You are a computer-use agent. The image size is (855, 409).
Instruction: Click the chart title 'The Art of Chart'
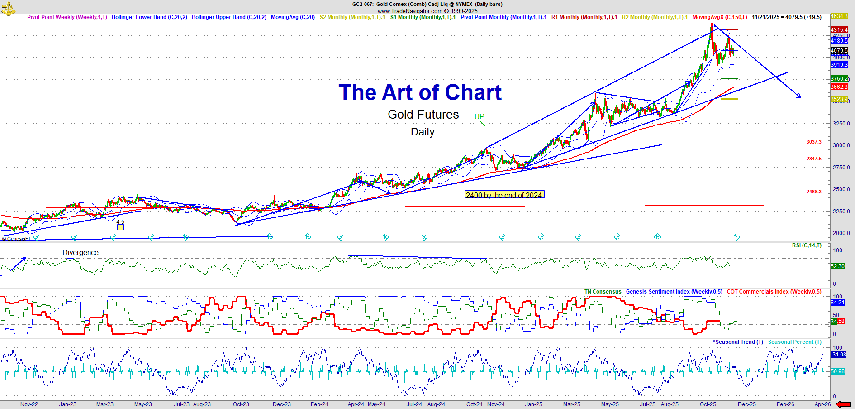pyautogui.click(x=420, y=92)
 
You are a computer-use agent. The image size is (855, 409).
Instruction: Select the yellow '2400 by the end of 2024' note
pyautogui.click(x=504, y=195)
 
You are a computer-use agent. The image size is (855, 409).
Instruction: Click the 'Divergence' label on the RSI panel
pyautogui.click(x=81, y=253)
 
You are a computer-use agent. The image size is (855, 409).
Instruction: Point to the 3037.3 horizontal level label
pyautogui.click(x=813, y=142)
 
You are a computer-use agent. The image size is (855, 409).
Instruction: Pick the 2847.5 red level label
pyautogui.click(x=813, y=159)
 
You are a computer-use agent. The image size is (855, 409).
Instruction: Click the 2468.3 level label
pyautogui.click(x=813, y=192)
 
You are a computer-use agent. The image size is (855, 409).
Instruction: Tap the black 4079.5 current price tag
pyautogui.click(x=839, y=51)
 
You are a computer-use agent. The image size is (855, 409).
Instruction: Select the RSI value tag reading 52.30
pyautogui.click(x=837, y=266)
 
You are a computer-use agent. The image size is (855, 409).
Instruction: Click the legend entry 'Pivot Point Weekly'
pyautogui.click(x=67, y=17)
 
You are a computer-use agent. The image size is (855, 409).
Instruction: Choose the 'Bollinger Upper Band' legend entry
pyautogui.click(x=229, y=17)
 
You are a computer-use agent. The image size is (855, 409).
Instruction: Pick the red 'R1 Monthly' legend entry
pyautogui.click(x=584, y=17)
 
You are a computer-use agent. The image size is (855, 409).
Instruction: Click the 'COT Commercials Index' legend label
pyautogui.click(x=774, y=292)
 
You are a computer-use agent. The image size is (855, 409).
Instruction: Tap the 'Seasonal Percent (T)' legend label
pyautogui.click(x=795, y=342)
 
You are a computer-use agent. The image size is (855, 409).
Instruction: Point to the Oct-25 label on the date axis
pyautogui.click(x=708, y=404)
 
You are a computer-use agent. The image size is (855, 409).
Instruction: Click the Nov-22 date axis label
pyautogui.click(x=29, y=404)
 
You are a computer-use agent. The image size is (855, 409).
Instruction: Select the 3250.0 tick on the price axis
pyautogui.click(x=841, y=123)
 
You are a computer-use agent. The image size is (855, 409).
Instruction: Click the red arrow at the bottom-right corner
pyautogui.click(x=843, y=404)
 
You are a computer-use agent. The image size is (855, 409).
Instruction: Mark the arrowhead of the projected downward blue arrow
pyautogui.click(x=799, y=96)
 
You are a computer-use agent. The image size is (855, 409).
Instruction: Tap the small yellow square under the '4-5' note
pyautogui.click(x=120, y=227)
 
